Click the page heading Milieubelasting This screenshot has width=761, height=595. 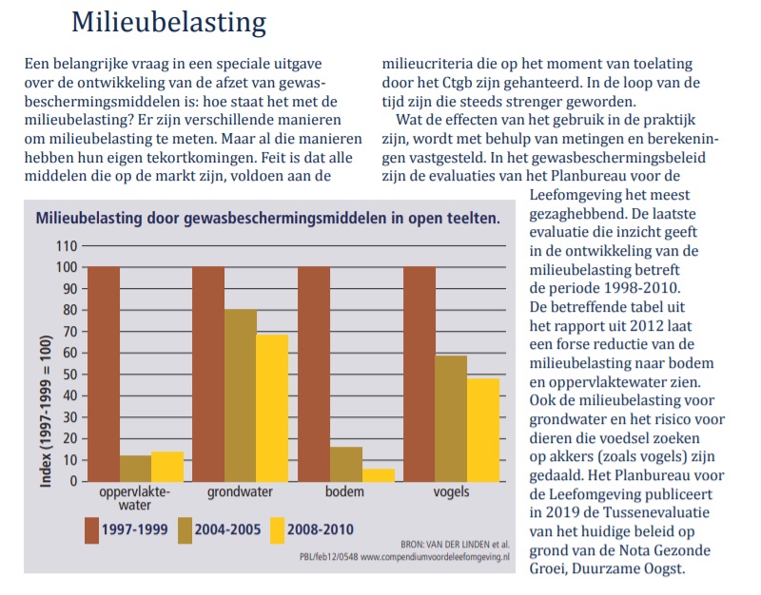169,22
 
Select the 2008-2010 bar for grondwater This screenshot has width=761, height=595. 272,408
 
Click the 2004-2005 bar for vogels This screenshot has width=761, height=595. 451,418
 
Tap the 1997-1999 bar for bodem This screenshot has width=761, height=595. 314,374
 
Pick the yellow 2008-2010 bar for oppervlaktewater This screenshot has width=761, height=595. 167,467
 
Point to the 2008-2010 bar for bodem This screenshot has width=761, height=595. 379,475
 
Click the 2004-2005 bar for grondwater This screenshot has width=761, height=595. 241,395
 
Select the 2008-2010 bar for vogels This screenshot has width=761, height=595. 483,431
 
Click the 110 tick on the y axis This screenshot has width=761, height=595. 67,246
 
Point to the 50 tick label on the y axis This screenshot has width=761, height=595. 70,374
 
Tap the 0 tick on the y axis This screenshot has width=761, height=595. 74,482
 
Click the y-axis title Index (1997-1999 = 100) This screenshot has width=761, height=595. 46,411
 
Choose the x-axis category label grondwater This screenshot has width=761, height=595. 240,491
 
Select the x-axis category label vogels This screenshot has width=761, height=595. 451,491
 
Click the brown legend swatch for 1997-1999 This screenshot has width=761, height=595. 91,530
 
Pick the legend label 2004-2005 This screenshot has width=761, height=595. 227,529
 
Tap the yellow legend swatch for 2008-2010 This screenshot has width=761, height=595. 277,530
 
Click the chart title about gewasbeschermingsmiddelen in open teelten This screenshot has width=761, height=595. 268,218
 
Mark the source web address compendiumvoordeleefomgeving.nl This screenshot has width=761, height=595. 436,557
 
